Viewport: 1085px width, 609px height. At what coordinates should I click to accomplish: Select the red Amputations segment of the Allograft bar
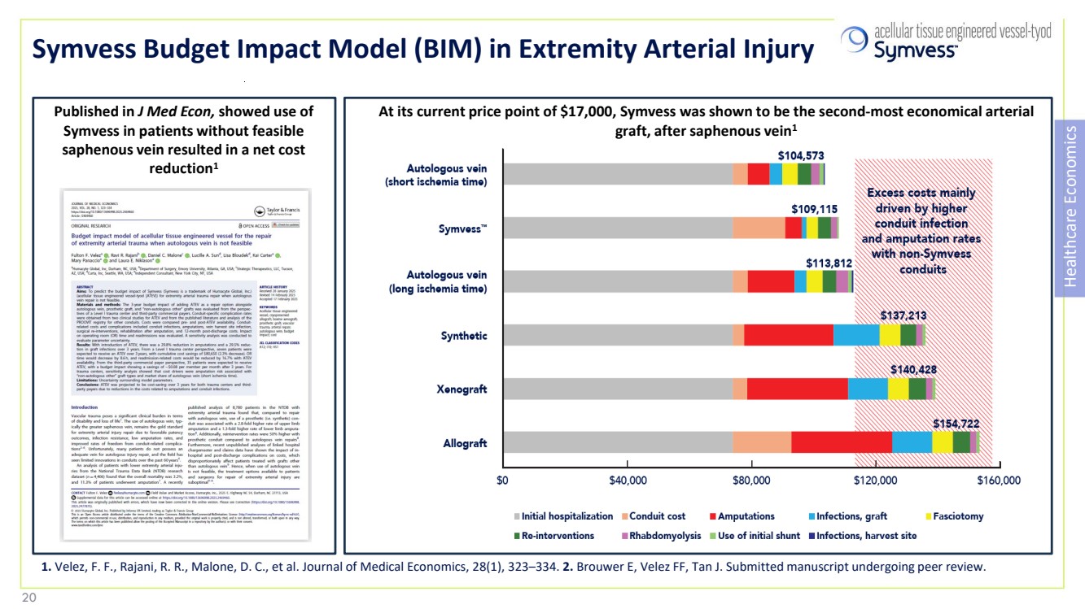[x=842, y=442]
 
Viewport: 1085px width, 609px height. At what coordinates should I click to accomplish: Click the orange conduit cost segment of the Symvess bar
[x=759, y=228]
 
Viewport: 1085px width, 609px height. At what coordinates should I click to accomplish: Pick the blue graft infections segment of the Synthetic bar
[x=856, y=335]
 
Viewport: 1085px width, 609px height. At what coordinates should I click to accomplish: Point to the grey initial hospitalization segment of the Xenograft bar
[x=618, y=389]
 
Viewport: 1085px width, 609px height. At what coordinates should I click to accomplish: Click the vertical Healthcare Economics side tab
[x=1070, y=207]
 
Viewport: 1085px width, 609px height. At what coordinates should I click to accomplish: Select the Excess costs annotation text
[x=921, y=231]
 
